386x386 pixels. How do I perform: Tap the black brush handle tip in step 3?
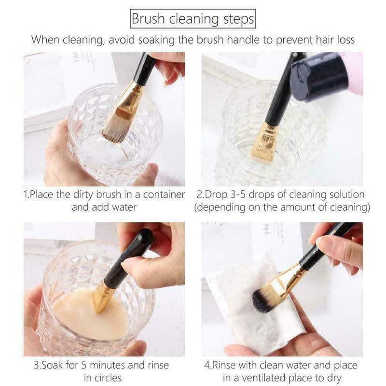click(141, 238)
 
